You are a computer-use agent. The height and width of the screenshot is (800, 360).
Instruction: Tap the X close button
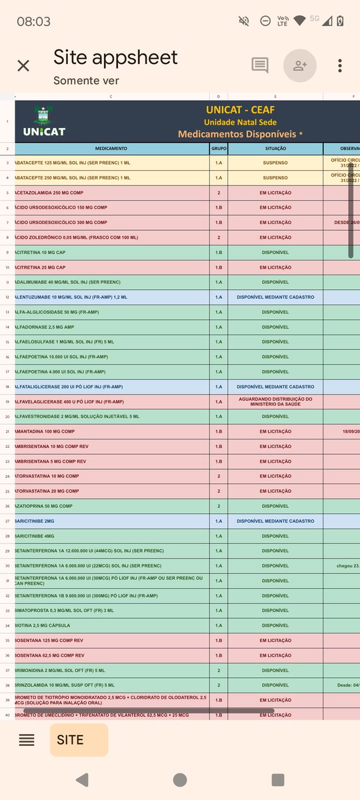(23, 65)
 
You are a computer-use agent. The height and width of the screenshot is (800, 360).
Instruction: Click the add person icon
(299, 65)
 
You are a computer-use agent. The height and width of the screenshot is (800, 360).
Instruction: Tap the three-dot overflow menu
(340, 65)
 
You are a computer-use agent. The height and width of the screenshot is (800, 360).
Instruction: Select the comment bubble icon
(260, 65)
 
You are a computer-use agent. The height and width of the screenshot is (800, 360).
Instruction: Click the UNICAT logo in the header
(44, 121)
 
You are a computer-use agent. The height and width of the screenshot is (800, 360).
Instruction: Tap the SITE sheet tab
(71, 739)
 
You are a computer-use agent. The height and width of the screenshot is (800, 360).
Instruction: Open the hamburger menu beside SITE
(27, 739)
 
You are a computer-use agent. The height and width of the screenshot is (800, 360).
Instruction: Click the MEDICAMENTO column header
(111, 149)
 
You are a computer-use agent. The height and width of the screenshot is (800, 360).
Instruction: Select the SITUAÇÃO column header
(275, 149)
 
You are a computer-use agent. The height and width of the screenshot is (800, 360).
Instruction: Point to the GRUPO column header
(219, 149)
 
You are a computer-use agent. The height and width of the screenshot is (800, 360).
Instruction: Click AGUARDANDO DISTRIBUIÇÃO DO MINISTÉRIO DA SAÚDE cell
(275, 401)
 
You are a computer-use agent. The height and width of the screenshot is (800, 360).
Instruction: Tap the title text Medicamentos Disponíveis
(237, 134)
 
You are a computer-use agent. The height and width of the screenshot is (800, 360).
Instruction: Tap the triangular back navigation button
(81, 779)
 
